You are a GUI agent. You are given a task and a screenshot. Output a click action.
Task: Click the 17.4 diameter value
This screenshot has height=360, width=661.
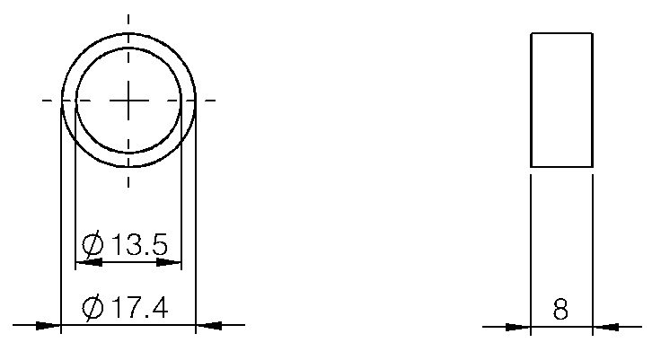pos(138,308)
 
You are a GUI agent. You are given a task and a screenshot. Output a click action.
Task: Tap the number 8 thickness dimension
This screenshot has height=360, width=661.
pos(561,310)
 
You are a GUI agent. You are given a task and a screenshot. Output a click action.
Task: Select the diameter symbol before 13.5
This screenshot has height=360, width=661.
pos(93,244)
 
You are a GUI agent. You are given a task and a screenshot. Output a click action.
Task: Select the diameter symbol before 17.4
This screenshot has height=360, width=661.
pos(93,308)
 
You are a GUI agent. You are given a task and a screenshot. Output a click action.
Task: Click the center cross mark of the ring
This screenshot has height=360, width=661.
pos(128,101)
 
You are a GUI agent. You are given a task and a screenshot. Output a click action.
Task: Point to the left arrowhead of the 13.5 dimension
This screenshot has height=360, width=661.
pos(86,263)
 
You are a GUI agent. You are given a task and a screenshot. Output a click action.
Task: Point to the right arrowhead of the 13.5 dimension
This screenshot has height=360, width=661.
pos(171,263)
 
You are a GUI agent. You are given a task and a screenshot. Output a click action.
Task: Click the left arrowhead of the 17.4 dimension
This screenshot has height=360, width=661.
pos(48,325)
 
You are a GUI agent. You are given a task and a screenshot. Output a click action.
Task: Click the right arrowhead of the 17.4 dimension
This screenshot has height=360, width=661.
pos(207,325)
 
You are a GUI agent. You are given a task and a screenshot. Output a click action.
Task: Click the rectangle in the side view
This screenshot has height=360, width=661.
pos(561,100)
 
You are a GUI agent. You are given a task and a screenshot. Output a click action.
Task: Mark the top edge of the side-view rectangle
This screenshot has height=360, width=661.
pos(561,33)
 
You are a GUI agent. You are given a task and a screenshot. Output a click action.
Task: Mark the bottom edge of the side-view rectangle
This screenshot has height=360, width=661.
pos(561,167)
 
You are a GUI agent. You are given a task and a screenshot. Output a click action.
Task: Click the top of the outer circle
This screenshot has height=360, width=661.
pos(128,33)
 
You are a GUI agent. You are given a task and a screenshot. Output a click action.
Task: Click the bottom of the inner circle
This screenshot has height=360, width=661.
pos(128,152)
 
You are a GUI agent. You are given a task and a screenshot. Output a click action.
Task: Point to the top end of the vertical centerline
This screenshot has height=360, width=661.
pos(128,16)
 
